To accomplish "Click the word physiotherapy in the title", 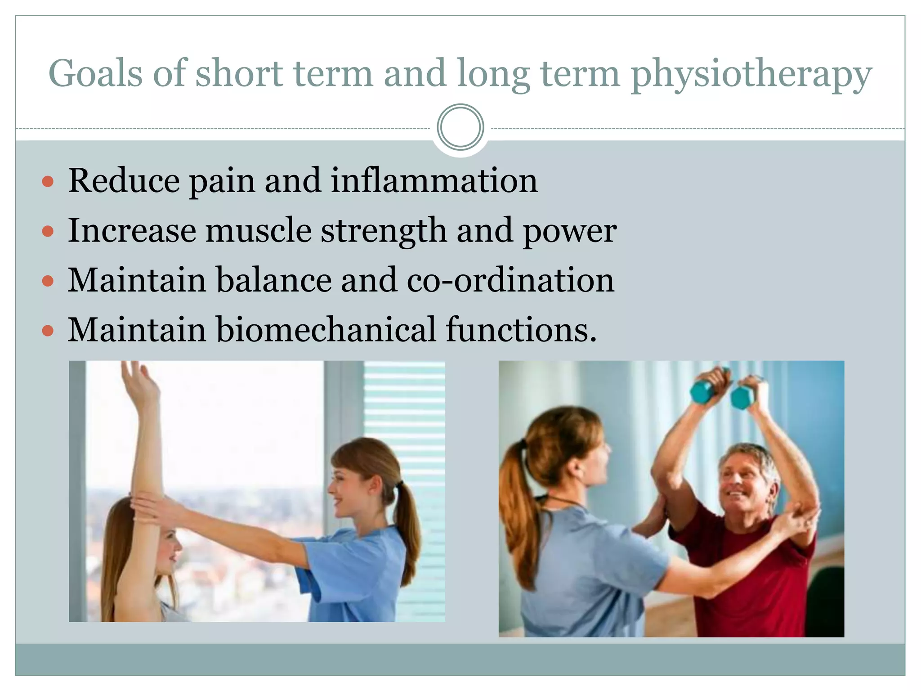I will pyautogui.click(x=751, y=74).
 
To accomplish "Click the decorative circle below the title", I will pyautogui.click(x=460, y=127).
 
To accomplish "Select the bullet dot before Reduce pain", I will pyautogui.click(x=48, y=182).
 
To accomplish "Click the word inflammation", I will pyautogui.click(x=434, y=180).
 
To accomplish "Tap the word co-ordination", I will pyautogui.click(x=510, y=280).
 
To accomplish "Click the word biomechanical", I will pyautogui.click(x=326, y=330).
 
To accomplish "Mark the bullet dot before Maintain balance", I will pyautogui.click(x=48, y=282).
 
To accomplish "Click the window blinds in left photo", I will pyautogui.click(x=405, y=405).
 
